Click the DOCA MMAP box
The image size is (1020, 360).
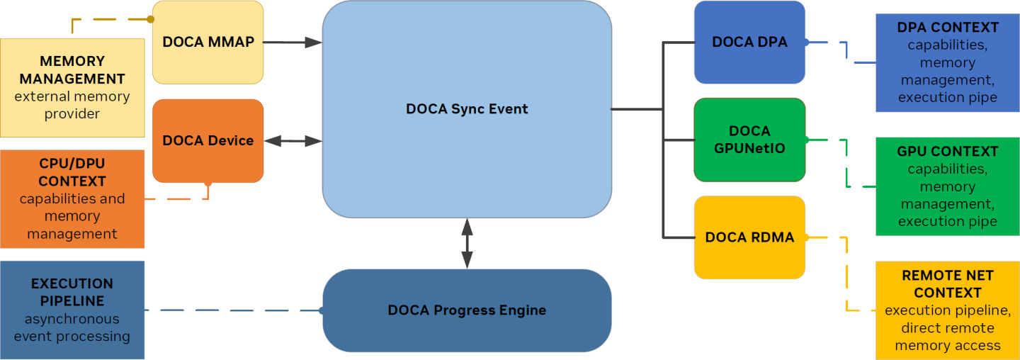point(208,42)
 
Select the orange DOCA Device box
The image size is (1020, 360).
point(208,140)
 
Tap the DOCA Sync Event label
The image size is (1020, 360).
point(467,109)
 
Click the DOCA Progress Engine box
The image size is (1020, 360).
point(467,310)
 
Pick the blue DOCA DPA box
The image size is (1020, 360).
point(749,42)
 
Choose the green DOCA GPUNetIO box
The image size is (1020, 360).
point(749,140)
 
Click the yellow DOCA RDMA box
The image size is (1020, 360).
point(749,237)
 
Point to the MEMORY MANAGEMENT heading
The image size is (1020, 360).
point(72,70)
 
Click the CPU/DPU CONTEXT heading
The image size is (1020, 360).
point(72,172)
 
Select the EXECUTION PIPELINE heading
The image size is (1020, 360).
point(72,292)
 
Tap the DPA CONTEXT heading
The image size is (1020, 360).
point(948,28)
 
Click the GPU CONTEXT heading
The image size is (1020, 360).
point(948,152)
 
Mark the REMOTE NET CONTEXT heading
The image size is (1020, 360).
point(948,283)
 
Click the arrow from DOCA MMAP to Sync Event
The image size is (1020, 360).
point(293,43)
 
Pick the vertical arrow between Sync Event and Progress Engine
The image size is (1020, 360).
point(467,243)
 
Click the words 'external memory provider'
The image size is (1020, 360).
point(72,105)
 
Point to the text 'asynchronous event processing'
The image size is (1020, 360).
point(72,327)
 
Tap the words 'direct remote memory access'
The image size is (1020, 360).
point(948,337)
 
